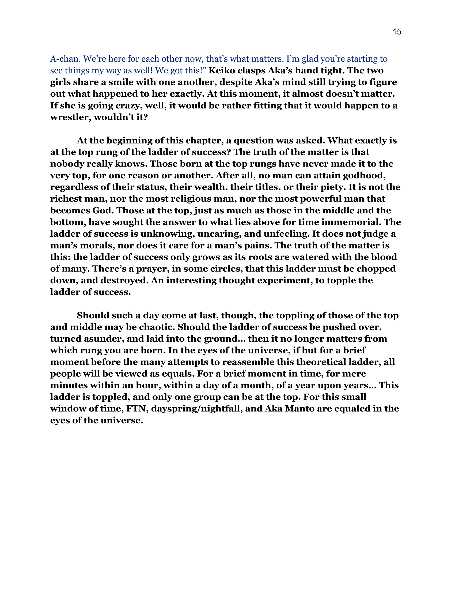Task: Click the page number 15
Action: [397, 32]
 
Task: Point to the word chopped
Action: [376, 269]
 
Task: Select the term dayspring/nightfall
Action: [196, 409]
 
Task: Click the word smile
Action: [116, 82]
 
